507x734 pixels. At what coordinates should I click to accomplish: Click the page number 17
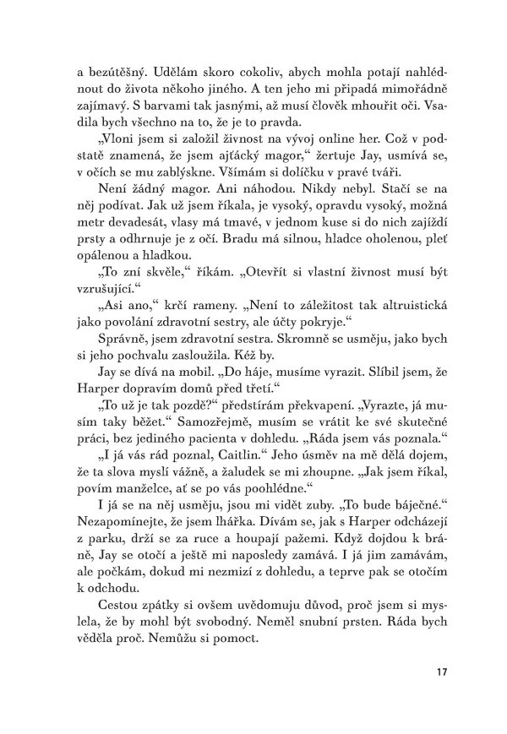coord(441,673)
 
